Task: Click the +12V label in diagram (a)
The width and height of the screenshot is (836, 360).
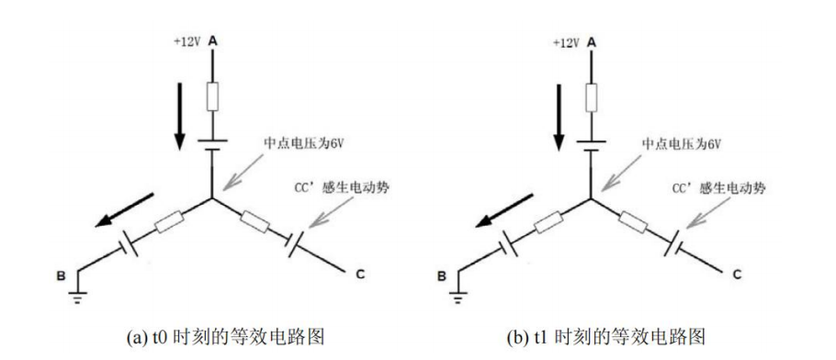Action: pyautogui.click(x=186, y=42)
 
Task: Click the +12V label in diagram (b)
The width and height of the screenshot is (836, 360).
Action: pyautogui.click(x=566, y=42)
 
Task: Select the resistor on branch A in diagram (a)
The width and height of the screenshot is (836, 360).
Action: pyautogui.click(x=212, y=96)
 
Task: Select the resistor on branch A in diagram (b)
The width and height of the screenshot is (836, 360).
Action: pyautogui.click(x=591, y=96)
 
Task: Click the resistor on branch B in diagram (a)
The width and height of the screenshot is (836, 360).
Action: pyautogui.click(x=170, y=222)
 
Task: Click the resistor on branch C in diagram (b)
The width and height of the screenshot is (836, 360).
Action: pyautogui.click(x=633, y=222)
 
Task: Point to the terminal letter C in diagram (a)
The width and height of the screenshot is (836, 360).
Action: pyautogui.click(x=360, y=275)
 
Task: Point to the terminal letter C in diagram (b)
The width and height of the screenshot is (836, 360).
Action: pyautogui.click(x=738, y=275)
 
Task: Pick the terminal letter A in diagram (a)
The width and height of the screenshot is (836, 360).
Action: pyautogui.click(x=212, y=40)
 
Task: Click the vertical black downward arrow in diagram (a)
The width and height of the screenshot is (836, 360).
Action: pyautogui.click(x=180, y=116)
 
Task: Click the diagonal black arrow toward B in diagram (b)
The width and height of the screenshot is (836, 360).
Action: pyautogui.click(x=503, y=210)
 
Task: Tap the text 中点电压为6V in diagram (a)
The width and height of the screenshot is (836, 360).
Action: pyautogui.click(x=299, y=144)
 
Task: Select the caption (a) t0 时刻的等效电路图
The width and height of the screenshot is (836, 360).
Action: pyautogui.click(x=225, y=337)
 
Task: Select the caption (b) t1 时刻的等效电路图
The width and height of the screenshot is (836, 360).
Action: pyautogui.click(x=606, y=337)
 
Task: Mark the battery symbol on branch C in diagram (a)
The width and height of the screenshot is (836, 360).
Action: pyautogui.click(x=295, y=243)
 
